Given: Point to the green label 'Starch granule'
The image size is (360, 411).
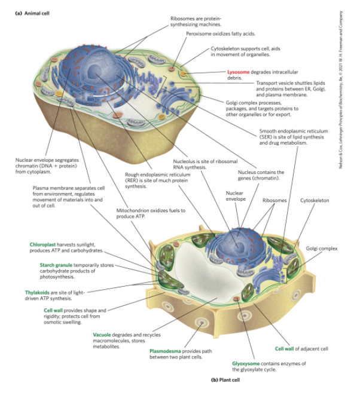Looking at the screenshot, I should click(x=56, y=265).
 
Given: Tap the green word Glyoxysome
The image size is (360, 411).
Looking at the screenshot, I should click(x=248, y=363).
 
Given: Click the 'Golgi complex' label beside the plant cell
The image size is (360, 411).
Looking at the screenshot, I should click(x=321, y=249).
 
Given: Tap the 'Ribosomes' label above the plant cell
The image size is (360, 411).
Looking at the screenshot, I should click(x=274, y=200).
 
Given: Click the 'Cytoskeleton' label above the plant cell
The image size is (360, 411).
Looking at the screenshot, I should click(x=314, y=200).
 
